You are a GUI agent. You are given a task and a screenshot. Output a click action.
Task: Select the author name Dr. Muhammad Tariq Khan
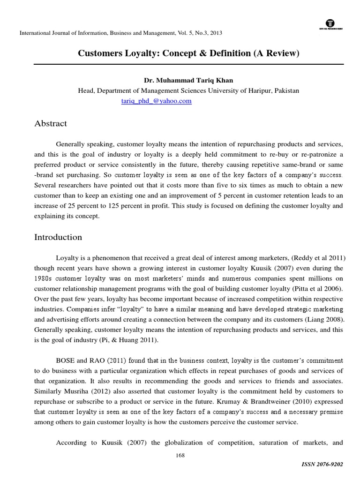(x=188, y=80)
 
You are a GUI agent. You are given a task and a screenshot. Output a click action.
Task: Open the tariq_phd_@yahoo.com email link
(x=156, y=101)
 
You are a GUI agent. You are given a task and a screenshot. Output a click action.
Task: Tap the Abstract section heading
(x=51, y=124)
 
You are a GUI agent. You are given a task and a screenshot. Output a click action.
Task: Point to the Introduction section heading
(x=58, y=237)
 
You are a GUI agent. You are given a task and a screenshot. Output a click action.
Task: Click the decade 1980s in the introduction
(x=45, y=278)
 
